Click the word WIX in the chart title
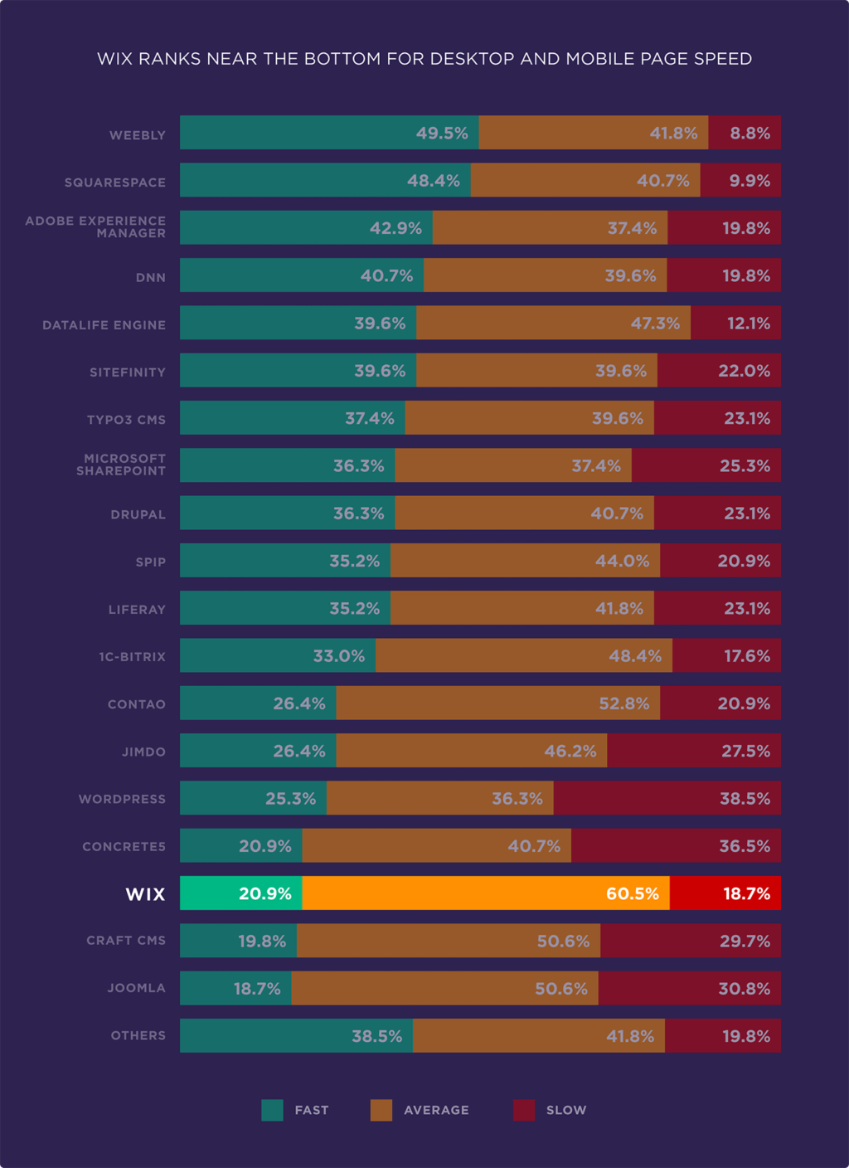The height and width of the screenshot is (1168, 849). (114, 59)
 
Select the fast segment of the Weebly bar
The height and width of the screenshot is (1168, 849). (328, 133)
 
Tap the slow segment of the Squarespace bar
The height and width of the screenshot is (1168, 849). (740, 180)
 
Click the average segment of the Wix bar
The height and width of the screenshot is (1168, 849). (485, 893)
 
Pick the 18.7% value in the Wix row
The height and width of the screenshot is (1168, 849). (746, 893)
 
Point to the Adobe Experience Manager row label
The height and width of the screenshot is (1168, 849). (95, 226)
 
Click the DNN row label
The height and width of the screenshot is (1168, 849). (151, 277)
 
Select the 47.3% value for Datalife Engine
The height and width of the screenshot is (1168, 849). (655, 324)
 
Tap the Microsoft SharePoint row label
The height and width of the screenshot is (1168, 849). (121, 465)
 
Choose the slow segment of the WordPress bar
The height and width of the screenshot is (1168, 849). (667, 798)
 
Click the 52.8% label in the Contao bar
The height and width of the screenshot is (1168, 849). (623, 703)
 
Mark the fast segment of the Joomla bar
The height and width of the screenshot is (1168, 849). (235, 988)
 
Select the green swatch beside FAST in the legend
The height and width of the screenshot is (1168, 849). (272, 1110)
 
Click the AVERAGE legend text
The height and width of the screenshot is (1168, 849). (436, 1110)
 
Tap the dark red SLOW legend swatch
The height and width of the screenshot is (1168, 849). (524, 1110)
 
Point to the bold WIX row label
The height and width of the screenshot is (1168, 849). (145, 894)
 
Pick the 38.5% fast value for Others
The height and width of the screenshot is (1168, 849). (376, 1036)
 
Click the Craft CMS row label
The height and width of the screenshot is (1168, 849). (126, 941)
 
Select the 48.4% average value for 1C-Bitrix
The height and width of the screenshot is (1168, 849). (635, 656)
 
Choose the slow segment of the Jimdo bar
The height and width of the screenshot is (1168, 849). (693, 751)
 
